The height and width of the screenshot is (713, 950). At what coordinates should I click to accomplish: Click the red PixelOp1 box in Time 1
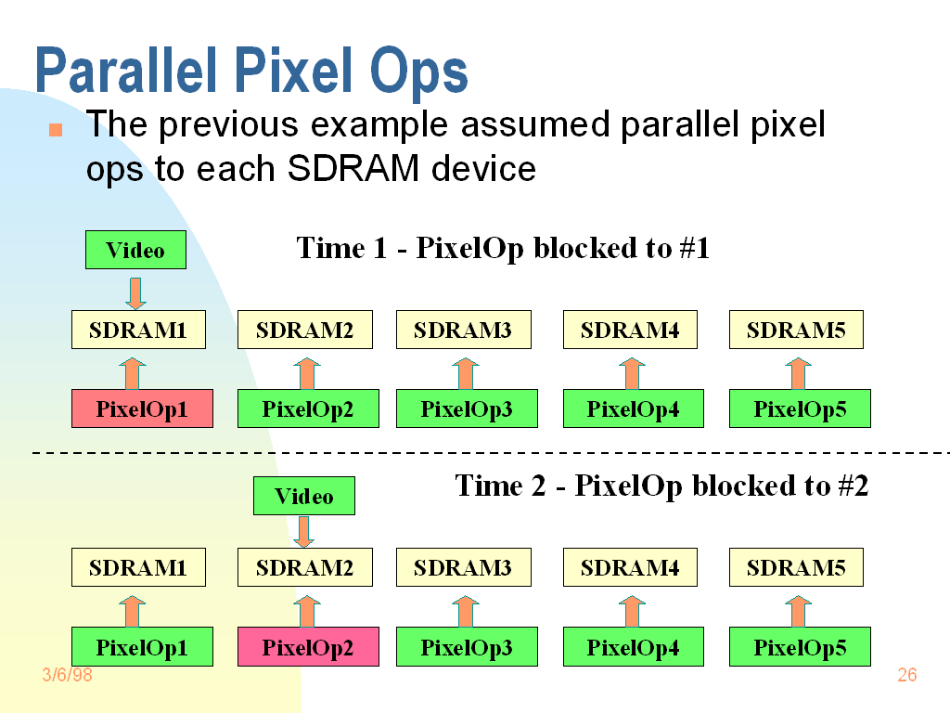[142, 409]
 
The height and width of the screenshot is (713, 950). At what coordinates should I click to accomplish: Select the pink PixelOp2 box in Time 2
[308, 647]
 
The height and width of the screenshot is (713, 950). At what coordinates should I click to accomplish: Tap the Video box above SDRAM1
[135, 250]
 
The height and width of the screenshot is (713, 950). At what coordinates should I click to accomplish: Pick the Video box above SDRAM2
[304, 496]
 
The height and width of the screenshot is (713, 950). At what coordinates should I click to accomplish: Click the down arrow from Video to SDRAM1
[135, 292]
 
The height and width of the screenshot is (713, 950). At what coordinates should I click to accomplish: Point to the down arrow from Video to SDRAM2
[304, 532]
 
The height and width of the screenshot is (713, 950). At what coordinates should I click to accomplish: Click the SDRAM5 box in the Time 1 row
[796, 330]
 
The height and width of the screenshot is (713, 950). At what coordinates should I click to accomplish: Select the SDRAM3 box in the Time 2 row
[462, 568]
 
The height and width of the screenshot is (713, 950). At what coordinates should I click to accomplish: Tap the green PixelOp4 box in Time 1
[633, 409]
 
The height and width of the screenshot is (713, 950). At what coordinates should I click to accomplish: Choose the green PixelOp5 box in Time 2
[800, 647]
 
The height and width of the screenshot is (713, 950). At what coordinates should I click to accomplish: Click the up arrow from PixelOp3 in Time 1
[466, 373]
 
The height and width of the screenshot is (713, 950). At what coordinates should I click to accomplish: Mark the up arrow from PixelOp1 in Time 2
[132, 611]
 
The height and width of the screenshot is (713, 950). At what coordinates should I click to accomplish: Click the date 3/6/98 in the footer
[68, 675]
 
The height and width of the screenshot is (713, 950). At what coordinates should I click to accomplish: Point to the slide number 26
[906, 675]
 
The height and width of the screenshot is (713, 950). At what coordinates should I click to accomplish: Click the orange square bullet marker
[56, 129]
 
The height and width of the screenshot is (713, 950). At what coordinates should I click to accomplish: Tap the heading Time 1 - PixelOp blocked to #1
[503, 248]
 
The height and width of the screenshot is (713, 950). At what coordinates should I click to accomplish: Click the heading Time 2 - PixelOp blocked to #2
[661, 486]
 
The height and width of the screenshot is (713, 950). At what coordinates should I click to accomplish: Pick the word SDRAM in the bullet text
[347, 169]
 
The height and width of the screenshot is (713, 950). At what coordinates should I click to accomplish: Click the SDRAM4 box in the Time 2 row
[629, 568]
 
